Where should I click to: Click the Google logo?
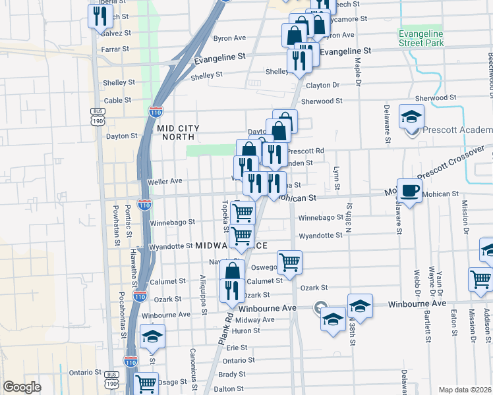[x=22, y=387]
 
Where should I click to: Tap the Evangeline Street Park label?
[x=420, y=38]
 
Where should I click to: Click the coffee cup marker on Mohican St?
[x=409, y=191]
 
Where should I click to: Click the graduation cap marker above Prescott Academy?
[x=411, y=117]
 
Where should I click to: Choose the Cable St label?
[x=118, y=101]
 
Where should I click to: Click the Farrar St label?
[x=115, y=49]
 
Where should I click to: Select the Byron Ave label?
[x=229, y=39]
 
